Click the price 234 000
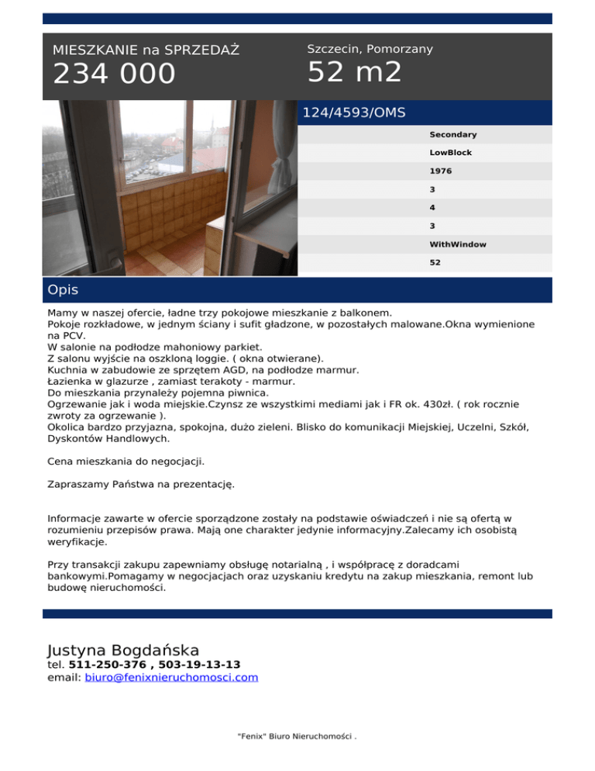coord(114,74)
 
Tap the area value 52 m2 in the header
coord(354,73)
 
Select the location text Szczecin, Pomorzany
coord(370,49)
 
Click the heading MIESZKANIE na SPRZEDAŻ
coord(146,50)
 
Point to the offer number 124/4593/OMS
coord(353,112)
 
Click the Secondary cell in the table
coord(452,135)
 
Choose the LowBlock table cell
coord(450,153)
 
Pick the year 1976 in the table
coord(441,171)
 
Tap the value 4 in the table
coord(432,208)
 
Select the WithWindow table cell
coord(458,244)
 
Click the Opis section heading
coord(63,290)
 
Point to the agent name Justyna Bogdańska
coord(123,650)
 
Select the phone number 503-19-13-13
coord(200,665)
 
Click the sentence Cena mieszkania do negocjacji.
coord(126,462)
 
